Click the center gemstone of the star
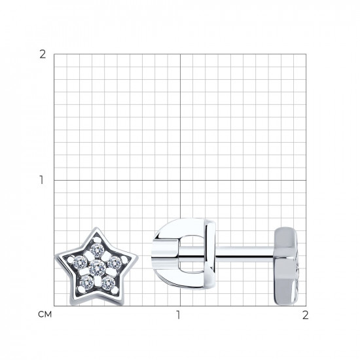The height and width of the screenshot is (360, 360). pos(98,268)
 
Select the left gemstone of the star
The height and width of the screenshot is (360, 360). pos(80,262)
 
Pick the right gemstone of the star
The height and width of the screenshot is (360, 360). pos(115,262)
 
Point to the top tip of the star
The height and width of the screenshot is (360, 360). pos(96,228)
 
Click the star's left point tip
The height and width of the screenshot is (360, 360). pos(56,257)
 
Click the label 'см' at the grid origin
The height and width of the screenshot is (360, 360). pos(45,314)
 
